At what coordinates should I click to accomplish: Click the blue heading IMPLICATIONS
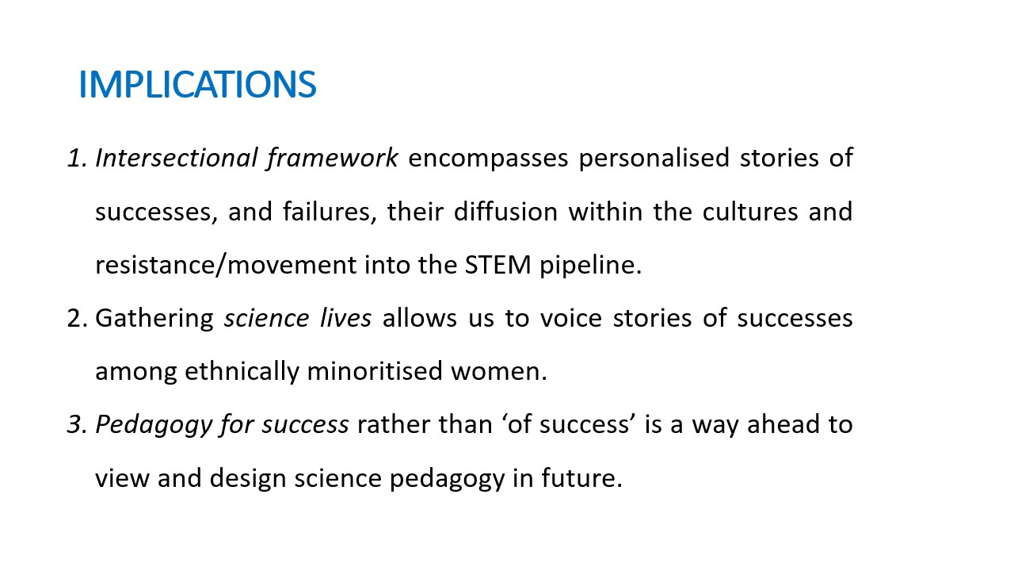[197, 84]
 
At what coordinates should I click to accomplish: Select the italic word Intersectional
[176, 158]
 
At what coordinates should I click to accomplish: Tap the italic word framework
[332, 159]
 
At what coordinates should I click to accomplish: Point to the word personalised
[654, 159]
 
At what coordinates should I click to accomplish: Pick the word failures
[330, 213]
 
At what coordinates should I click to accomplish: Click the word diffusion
[505, 212]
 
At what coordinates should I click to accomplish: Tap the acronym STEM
[497, 265]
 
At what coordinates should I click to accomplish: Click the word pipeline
[590, 266]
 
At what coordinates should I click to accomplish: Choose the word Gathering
[154, 319]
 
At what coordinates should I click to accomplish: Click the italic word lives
[345, 318]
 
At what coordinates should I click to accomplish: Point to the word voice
[571, 318]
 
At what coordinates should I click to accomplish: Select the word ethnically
[242, 372]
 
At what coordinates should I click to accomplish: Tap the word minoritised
[375, 371]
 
